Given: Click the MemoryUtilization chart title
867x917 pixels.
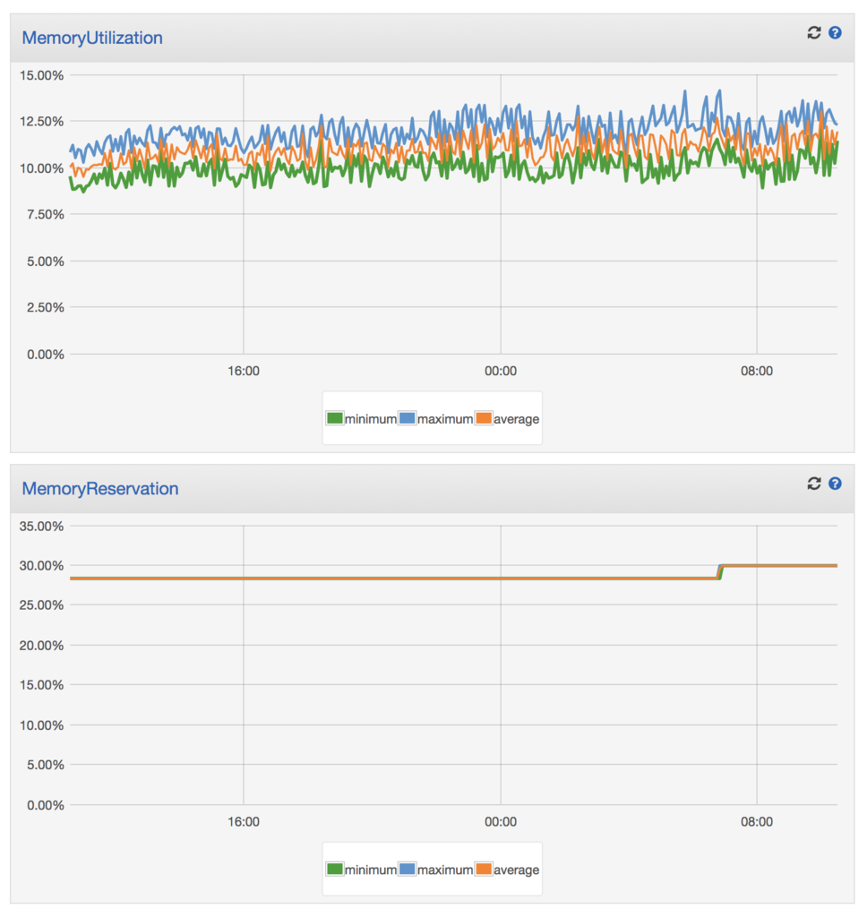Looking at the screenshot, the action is (x=92, y=38).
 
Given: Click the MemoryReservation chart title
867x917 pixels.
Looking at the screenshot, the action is (x=100, y=489).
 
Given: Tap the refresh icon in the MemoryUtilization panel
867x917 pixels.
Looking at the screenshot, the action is (x=814, y=33).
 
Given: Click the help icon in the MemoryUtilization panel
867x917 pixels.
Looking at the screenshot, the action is (x=835, y=33).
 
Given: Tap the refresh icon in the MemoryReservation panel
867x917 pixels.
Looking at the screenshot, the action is (x=814, y=484).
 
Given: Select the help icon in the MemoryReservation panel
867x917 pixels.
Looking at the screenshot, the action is (x=835, y=484).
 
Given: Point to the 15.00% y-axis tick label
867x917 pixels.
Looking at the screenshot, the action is (x=41, y=75).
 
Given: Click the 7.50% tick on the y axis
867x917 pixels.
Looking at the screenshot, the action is (x=45, y=215).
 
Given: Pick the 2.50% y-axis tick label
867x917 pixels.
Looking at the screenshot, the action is (x=45, y=308).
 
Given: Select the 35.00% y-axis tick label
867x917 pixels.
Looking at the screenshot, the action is (x=41, y=527).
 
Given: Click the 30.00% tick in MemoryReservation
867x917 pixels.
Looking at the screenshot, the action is (x=41, y=566).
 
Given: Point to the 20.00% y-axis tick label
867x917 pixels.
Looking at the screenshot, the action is (x=41, y=646).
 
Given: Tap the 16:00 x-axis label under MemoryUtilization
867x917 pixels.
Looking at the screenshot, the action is (x=244, y=372).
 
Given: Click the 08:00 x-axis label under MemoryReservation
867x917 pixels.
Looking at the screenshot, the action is (x=757, y=822).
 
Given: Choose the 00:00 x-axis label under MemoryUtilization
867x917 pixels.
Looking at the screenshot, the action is (x=500, y=372).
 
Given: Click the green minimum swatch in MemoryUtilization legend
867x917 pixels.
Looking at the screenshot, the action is (x=335, y=418).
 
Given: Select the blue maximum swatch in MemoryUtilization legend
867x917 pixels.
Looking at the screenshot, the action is (x=408, y=418).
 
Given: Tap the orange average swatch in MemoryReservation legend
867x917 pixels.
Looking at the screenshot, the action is (x=484, y=869).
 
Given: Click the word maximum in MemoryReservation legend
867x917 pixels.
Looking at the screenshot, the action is (x=444, y=870).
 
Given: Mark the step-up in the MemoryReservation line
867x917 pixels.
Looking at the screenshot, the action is (x=720, y=572).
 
